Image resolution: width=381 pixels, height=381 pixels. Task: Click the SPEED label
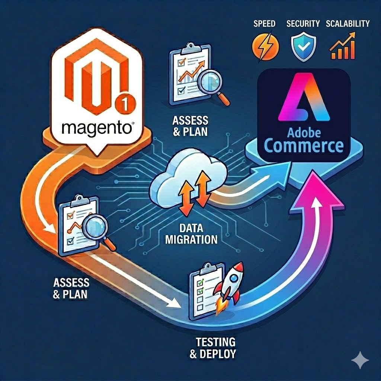coord(264,24)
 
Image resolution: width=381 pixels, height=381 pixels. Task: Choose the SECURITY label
coord(303,24)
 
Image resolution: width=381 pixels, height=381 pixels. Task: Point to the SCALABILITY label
coord(347,24)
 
